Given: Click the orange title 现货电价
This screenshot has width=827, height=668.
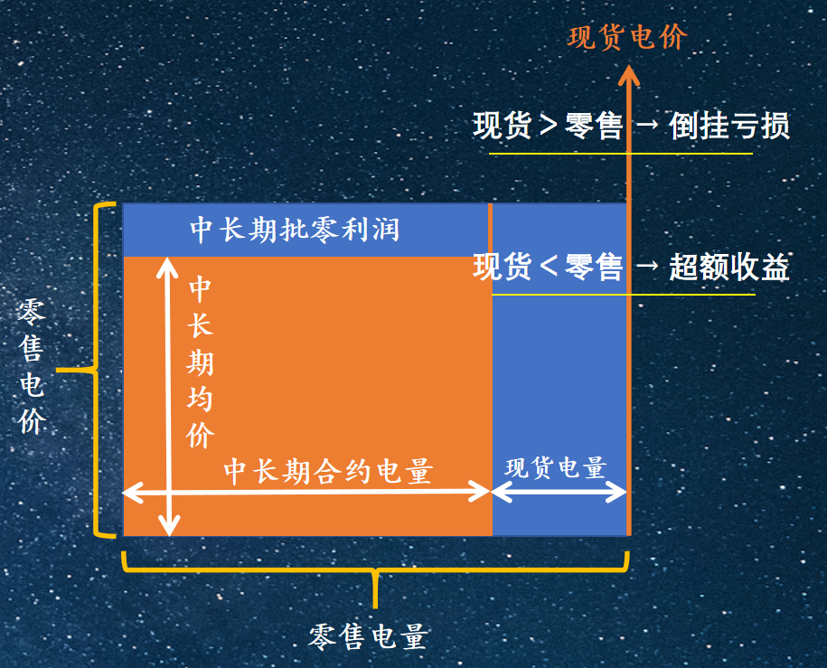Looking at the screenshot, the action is click(x=627, y=37).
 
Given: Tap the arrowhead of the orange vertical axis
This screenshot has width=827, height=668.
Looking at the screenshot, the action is click(x=628, y=74).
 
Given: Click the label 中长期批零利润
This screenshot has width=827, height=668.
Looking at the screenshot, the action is click(x=295, y=230).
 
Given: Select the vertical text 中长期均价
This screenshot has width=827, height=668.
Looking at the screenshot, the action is click(x=200, y=363).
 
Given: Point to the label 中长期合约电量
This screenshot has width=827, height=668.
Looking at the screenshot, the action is click(x=329, y=471).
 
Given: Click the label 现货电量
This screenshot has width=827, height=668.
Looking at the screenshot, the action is click(x=555, y=467).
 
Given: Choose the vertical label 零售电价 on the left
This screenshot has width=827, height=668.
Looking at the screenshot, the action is click(x=32, y=367).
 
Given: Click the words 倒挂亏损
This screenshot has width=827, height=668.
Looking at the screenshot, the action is click(x=729, y=127).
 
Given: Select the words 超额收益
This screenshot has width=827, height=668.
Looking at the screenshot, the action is click(x=729, y=267).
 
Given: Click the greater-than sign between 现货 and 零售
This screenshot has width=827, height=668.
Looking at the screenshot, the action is click(x=549, y=126).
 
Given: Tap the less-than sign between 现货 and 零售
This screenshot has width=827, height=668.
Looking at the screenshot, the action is click(x=549, y=266).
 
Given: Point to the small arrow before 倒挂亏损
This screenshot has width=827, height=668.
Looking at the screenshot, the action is click(x=647, y=125).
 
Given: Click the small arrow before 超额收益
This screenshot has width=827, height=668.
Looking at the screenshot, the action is click(x=647, y=266).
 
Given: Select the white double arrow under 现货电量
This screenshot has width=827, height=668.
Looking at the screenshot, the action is click(x=559, y=492).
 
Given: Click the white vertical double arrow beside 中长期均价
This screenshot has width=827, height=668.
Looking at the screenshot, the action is click(x=169, y=396).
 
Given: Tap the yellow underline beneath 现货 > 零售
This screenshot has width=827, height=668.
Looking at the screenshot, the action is click(x=621, y=154).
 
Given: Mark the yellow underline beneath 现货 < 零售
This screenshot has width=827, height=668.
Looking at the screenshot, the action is click(x=624, y=294).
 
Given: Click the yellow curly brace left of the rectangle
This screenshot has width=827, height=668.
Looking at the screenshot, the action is click(x=95, y=371).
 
